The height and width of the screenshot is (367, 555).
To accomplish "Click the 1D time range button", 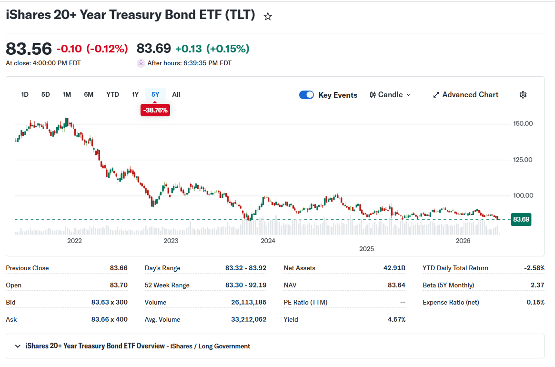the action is point(25,94).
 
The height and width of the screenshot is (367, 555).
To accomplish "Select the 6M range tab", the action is point(89,94).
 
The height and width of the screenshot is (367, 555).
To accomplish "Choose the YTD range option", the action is point(112,94).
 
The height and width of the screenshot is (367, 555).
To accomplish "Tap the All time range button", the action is point(176,94).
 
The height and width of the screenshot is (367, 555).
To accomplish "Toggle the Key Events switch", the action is point(306,95).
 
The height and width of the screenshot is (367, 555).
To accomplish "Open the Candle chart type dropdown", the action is point(391,94).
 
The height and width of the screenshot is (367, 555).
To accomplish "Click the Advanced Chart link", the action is point(465,94).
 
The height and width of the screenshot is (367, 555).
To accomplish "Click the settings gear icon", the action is point(523,94).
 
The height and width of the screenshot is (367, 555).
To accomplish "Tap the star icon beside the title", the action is point(268,16).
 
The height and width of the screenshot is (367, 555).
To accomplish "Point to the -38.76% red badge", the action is point(155,110).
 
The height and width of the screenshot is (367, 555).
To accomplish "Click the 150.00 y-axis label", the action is point(523,123).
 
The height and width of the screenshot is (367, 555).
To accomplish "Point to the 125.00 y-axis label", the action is point(523,160).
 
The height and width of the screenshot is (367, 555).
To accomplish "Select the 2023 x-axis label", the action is point(171,241).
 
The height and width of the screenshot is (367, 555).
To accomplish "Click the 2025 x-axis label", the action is point(367,249).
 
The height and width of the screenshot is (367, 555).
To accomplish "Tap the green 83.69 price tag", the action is point(521,219).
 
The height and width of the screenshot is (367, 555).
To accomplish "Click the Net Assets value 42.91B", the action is point(394,268).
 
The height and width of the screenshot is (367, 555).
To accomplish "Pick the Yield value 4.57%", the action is point(396,319).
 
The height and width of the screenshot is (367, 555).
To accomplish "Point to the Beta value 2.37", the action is point(537,285).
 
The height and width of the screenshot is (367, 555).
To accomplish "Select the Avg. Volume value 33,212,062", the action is point(249,319).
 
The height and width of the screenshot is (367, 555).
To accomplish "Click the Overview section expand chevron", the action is point(17,346).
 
